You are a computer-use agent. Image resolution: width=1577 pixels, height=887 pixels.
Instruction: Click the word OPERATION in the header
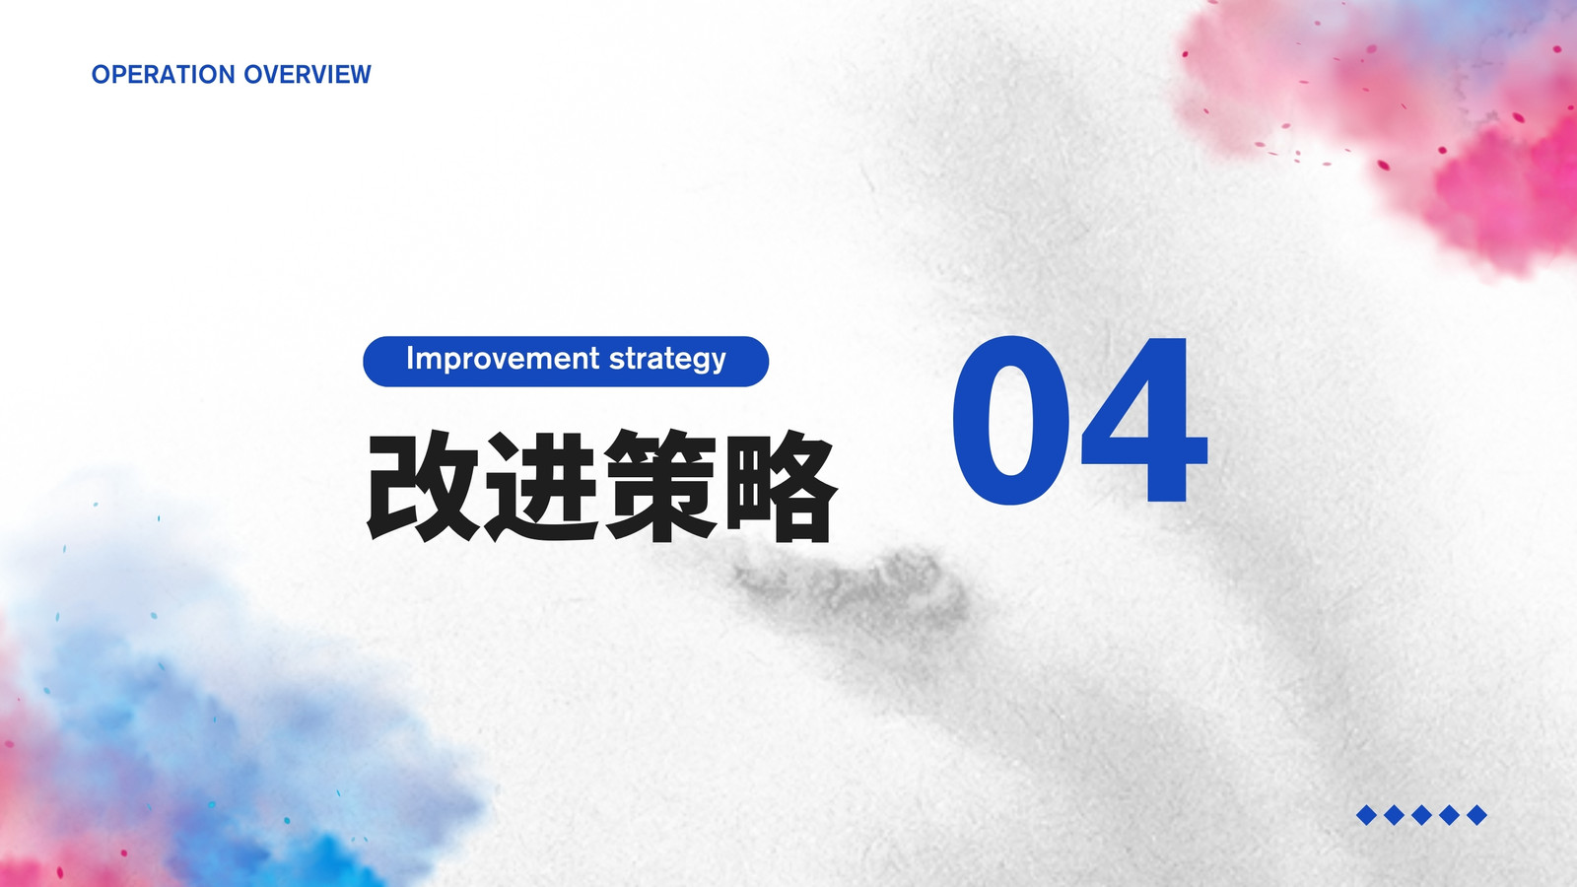(x=164, y=75)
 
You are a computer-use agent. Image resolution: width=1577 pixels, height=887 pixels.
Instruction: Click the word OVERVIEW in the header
(x=307, y=75)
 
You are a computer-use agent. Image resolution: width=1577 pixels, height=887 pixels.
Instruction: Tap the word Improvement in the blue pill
(x=504, y=359)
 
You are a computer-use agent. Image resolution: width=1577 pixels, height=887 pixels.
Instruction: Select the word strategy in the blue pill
(x=667, y=361)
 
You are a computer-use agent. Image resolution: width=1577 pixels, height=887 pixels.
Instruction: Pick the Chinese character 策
(x=660, y=487)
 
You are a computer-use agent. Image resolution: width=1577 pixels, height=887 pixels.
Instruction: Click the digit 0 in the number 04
(x=1010, y=420)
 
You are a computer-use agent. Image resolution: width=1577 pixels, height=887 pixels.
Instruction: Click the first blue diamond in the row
(x=1366, y=815)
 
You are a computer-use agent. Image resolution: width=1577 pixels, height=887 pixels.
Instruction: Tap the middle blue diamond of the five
(x=1421, y=815)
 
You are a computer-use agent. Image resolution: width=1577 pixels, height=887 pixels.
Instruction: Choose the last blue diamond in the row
(x=1476, y=815)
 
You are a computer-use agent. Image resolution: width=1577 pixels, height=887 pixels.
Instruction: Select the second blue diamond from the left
(x=1394, y=815)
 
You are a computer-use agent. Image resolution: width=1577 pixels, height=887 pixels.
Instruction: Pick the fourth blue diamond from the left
(x=1449, y=815)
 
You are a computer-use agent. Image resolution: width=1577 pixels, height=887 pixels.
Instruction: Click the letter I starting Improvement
(x=409, y=358)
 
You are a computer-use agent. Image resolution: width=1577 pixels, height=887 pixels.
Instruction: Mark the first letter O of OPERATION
(x=102, y=75)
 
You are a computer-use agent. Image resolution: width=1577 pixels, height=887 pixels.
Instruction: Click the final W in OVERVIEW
(x=359, y=75)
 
